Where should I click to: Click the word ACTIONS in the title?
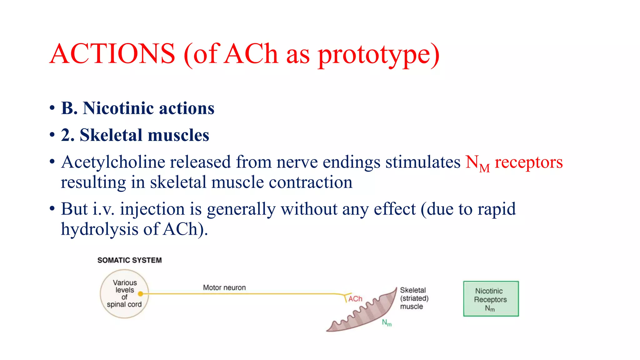point(112,54)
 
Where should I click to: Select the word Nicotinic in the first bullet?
point(118,108)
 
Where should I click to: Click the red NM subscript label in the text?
point(477,163)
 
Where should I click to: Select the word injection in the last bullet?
point(152,209)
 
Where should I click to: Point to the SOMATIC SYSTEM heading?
point(129,260)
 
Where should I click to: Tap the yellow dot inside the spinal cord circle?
point(140,294)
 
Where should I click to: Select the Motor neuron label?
point(224,287)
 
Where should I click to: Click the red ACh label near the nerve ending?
point(355,299)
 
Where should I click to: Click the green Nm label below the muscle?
point(387,323)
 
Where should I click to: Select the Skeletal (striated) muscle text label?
point(414,298)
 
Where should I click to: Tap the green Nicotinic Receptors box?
point(491,299)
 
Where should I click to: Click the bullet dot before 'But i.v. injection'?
point(52,209)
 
